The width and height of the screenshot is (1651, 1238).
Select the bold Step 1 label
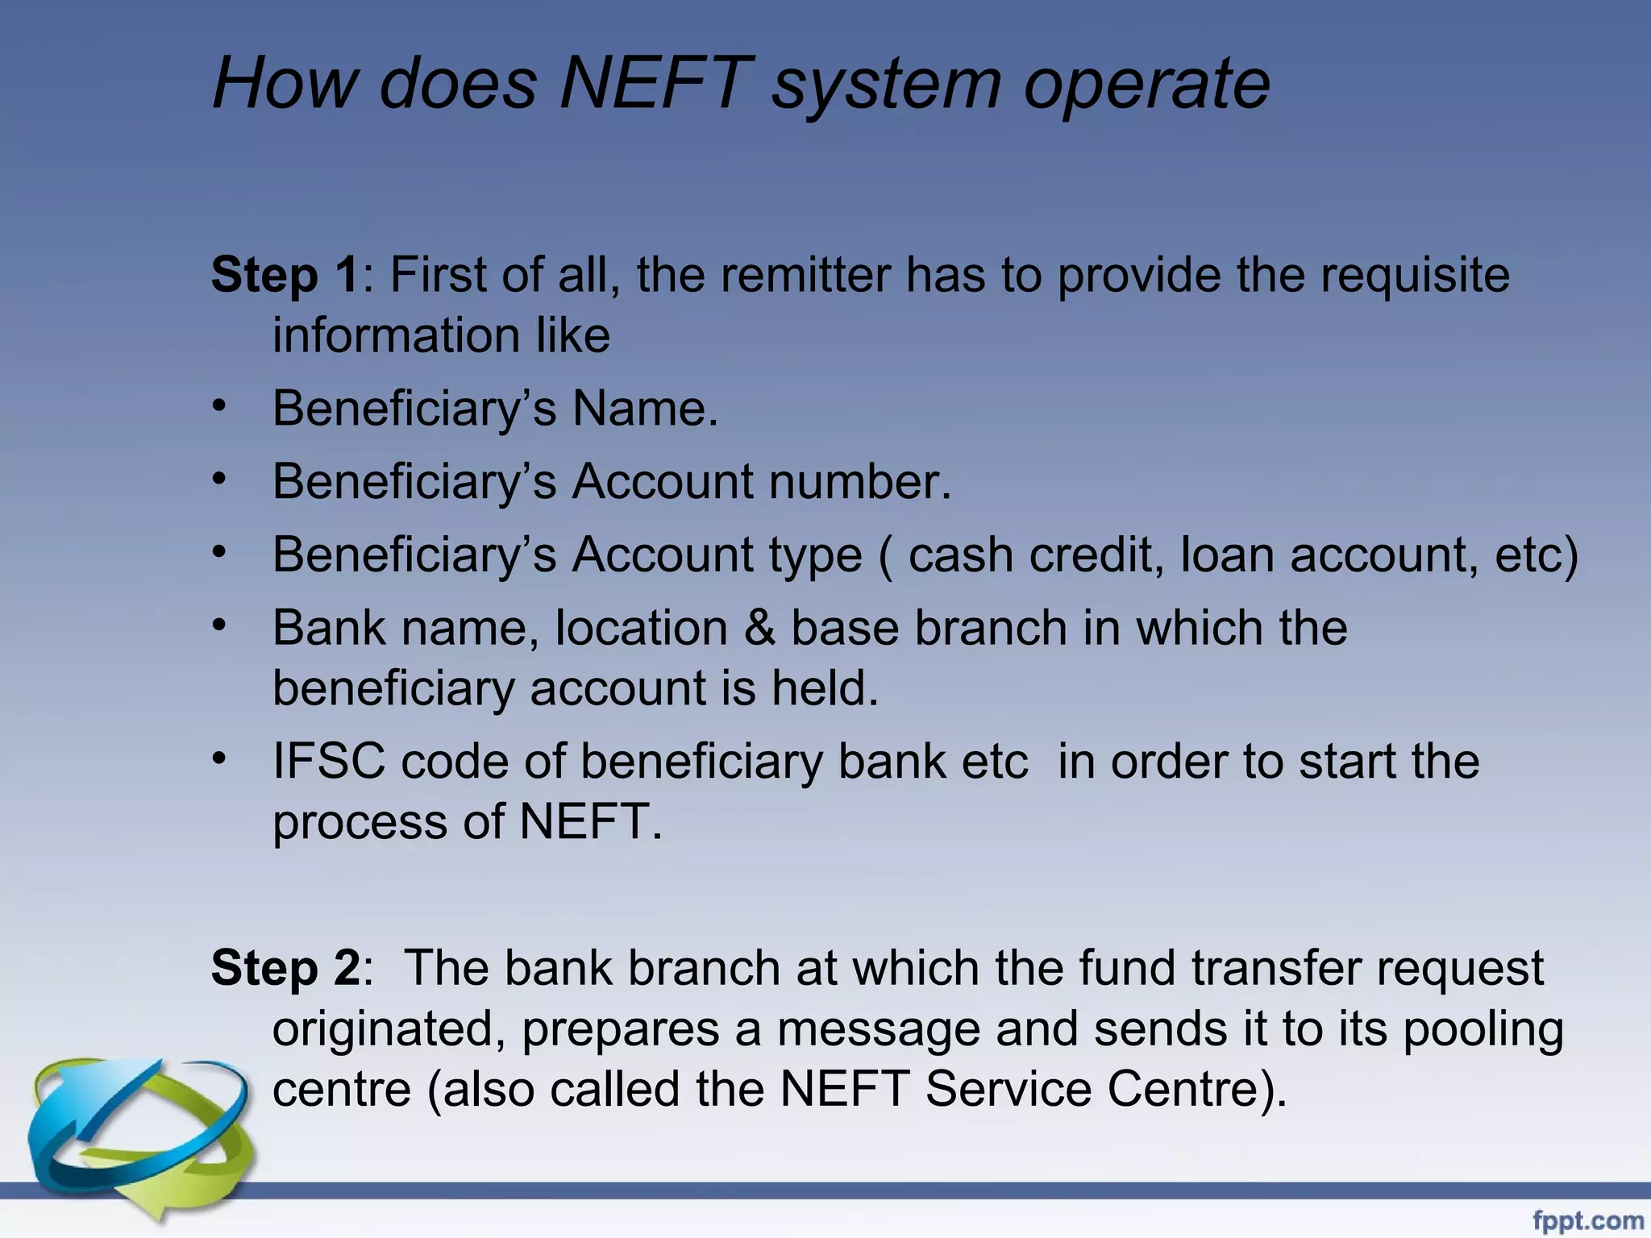285,275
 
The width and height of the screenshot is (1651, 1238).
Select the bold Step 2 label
285,967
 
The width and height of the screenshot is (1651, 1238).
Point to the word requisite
1414,275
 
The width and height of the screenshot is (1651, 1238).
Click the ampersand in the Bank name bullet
759,628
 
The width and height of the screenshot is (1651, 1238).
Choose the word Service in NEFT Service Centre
1008,1089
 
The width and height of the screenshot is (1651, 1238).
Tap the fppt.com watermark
1587,1220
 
